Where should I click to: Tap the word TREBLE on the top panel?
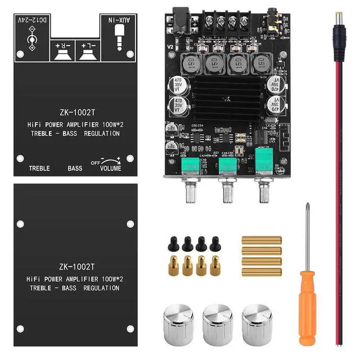click(39, 168)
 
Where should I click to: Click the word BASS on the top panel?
click(75, 168)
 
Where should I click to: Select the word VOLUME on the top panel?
click(110, 168)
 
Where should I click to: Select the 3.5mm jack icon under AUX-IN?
click(119, 42)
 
